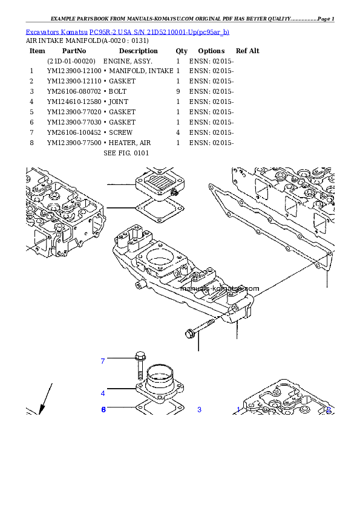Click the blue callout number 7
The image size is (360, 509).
(103, 361)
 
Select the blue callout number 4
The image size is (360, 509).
(103, 393)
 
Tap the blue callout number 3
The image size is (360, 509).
(199, 410)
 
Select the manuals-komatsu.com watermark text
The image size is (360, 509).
(219, 288)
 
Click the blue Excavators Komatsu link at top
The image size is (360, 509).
(127, 31)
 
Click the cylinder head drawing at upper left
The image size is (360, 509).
(64, 209)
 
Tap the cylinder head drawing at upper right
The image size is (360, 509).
(284, 199)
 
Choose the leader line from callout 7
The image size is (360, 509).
(121, 361)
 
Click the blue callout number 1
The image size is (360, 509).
(238, 410)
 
